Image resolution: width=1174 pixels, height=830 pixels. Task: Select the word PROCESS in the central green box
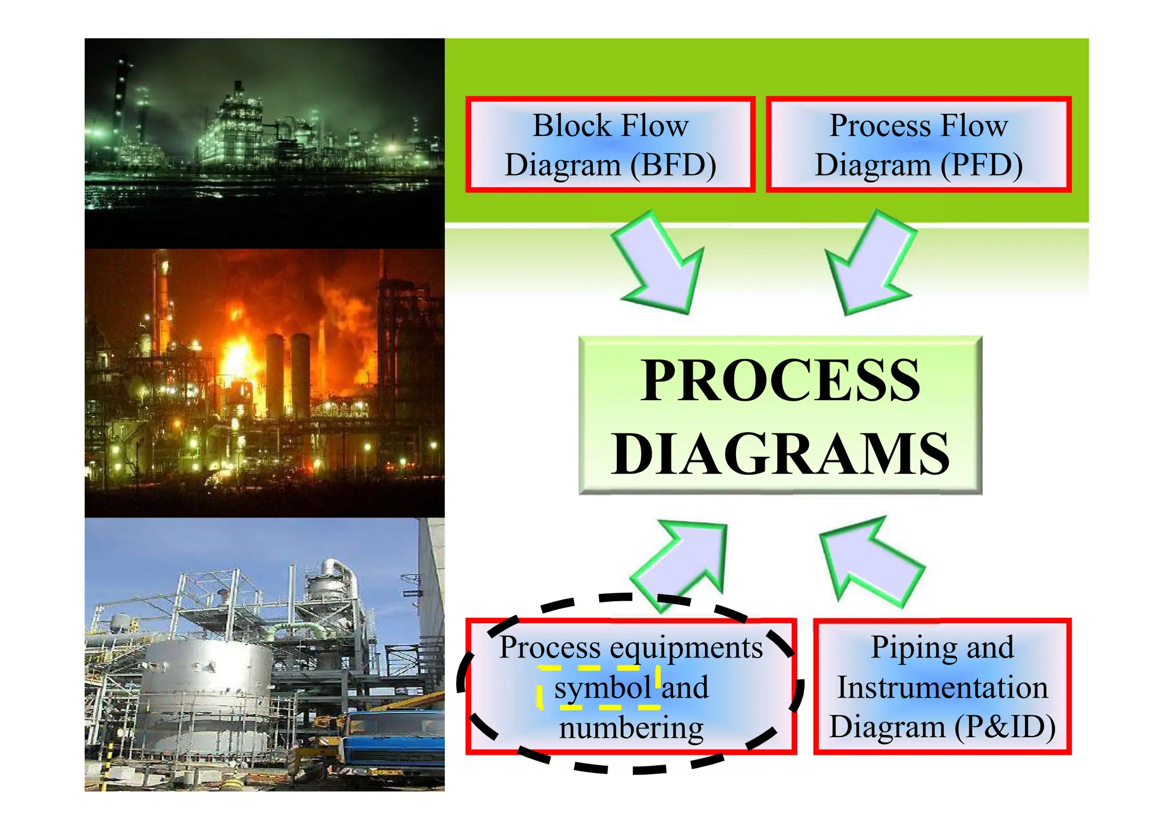[x=780, y=381]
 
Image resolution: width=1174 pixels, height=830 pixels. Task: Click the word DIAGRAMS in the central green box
[x=780, y=455]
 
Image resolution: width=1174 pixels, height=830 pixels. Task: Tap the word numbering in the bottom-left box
[x=631, y=729]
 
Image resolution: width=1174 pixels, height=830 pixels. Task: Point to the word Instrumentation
[x=942, y=688]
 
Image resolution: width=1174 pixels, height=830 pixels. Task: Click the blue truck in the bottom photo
[x=396, y=739]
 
